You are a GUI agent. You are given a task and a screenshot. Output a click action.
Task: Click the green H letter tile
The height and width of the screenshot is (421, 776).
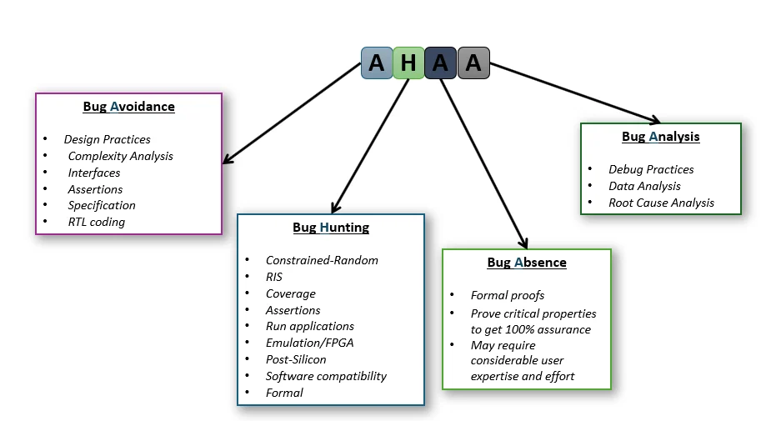coord(408,63)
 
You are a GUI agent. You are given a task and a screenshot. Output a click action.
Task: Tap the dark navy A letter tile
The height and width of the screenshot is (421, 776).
coord(440,63)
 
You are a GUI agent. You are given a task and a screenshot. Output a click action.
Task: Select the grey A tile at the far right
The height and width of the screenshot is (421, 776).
coord(473,63)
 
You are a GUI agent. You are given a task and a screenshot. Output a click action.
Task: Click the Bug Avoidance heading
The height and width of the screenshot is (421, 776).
coord(128,107)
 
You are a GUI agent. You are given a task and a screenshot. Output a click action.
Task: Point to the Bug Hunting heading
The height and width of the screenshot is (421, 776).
coord(331,228)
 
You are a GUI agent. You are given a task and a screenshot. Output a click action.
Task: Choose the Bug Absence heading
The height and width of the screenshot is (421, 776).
coord(526,263)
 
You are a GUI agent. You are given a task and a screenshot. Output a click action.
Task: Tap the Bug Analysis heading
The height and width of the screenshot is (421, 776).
coord(660,137)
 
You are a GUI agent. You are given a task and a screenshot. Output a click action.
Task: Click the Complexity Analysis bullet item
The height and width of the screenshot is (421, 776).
coord(120,156)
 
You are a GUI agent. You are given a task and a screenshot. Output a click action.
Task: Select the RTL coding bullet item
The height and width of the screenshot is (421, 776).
coord(96,222)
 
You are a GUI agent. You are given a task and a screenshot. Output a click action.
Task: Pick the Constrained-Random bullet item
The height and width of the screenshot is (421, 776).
coord(322,260)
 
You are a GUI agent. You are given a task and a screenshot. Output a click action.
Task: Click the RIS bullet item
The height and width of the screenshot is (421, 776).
coord(274,277)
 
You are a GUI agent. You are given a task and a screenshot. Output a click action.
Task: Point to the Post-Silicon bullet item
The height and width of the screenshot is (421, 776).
coord(296,359)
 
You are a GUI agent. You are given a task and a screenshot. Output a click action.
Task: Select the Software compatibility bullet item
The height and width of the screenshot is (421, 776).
coord(326,376)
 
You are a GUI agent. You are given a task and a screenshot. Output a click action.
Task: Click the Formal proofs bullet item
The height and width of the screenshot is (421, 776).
coord(507,295)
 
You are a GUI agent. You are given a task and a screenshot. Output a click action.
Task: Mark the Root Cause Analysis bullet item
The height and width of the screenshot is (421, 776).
coord(661,203)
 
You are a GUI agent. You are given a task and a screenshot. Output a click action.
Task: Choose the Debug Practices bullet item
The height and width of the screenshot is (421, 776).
coord(651,169)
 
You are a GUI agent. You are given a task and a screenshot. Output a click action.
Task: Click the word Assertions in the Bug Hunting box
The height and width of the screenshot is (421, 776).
coord(293,310)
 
